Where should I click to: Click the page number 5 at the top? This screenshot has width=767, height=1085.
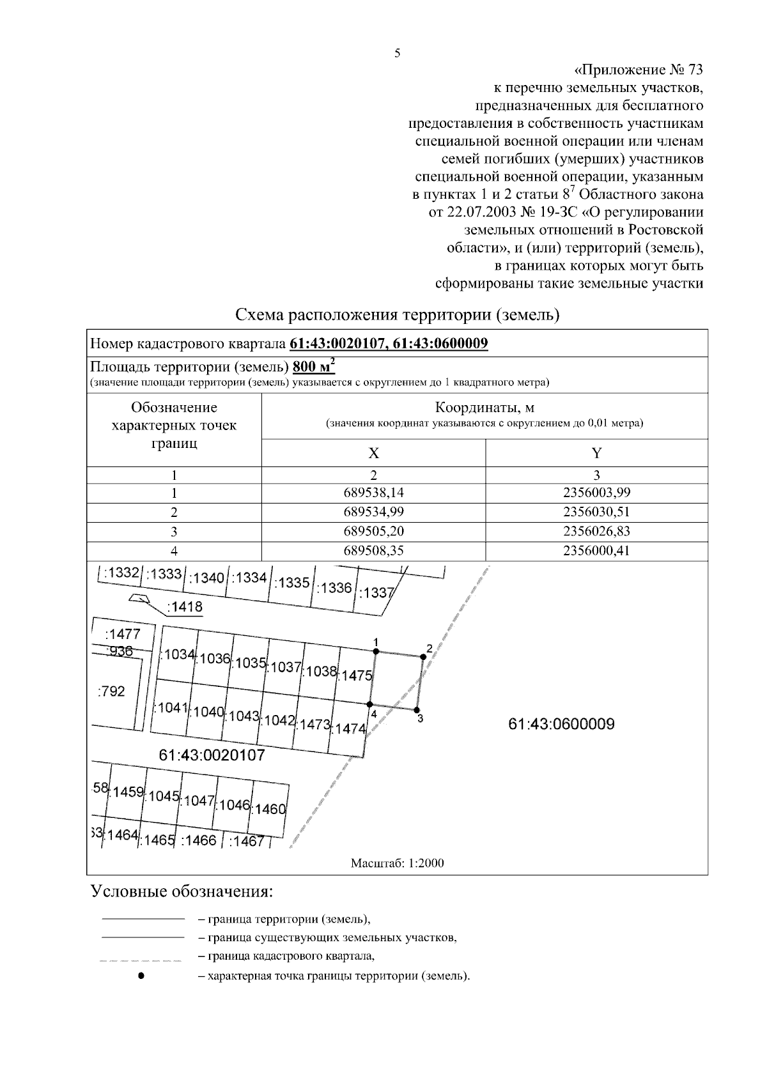coord(397,54)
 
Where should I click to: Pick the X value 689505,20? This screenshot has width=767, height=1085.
coord(373,531)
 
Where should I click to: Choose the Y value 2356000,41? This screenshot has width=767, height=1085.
coord(596,550)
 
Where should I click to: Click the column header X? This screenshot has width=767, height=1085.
coord(373,454)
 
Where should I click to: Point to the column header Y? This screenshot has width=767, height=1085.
coord(596,454)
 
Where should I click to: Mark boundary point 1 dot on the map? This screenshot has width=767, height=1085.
coord(376,651)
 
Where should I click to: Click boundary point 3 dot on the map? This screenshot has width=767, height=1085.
coord(417,710)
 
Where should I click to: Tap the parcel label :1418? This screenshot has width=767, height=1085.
coord(184,606)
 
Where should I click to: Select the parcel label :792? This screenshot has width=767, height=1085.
coord(111,691)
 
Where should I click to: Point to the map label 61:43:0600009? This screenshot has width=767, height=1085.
coord(561,724)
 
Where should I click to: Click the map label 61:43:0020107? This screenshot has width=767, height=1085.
coord(212,755)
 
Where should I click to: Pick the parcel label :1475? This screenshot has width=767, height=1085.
coord(356,675)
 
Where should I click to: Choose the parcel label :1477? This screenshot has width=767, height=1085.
coord(121,634)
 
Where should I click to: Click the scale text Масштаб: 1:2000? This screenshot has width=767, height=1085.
coord(397,863)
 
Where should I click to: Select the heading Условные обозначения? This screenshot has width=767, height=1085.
coord(182,891)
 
